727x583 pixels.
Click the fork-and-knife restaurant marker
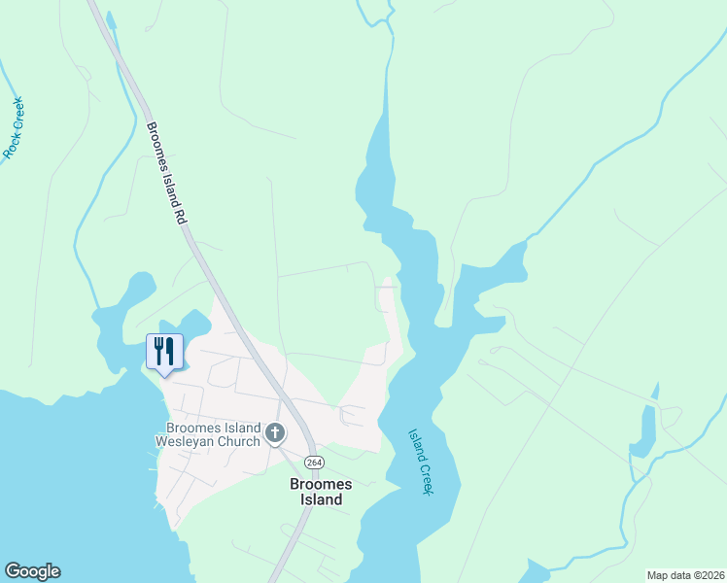click(x=164, y=352)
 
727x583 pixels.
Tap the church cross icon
click(x=275, y=432)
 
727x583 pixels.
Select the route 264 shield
click(x=313, y=462)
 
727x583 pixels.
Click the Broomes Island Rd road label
click(x=166, y=175)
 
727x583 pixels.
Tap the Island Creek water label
click(x=419, y=462)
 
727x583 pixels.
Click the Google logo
click(x=32, y=571)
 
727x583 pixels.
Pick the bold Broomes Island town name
click(x=316, y=491)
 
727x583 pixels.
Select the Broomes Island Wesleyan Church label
click(x=213, y=434)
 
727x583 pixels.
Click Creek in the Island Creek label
click(x=424, y=477)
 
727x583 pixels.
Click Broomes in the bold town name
click(x=316, y=482)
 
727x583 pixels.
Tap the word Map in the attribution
click(x=658, y=575)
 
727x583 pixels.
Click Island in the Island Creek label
click(x=414, y=445)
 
